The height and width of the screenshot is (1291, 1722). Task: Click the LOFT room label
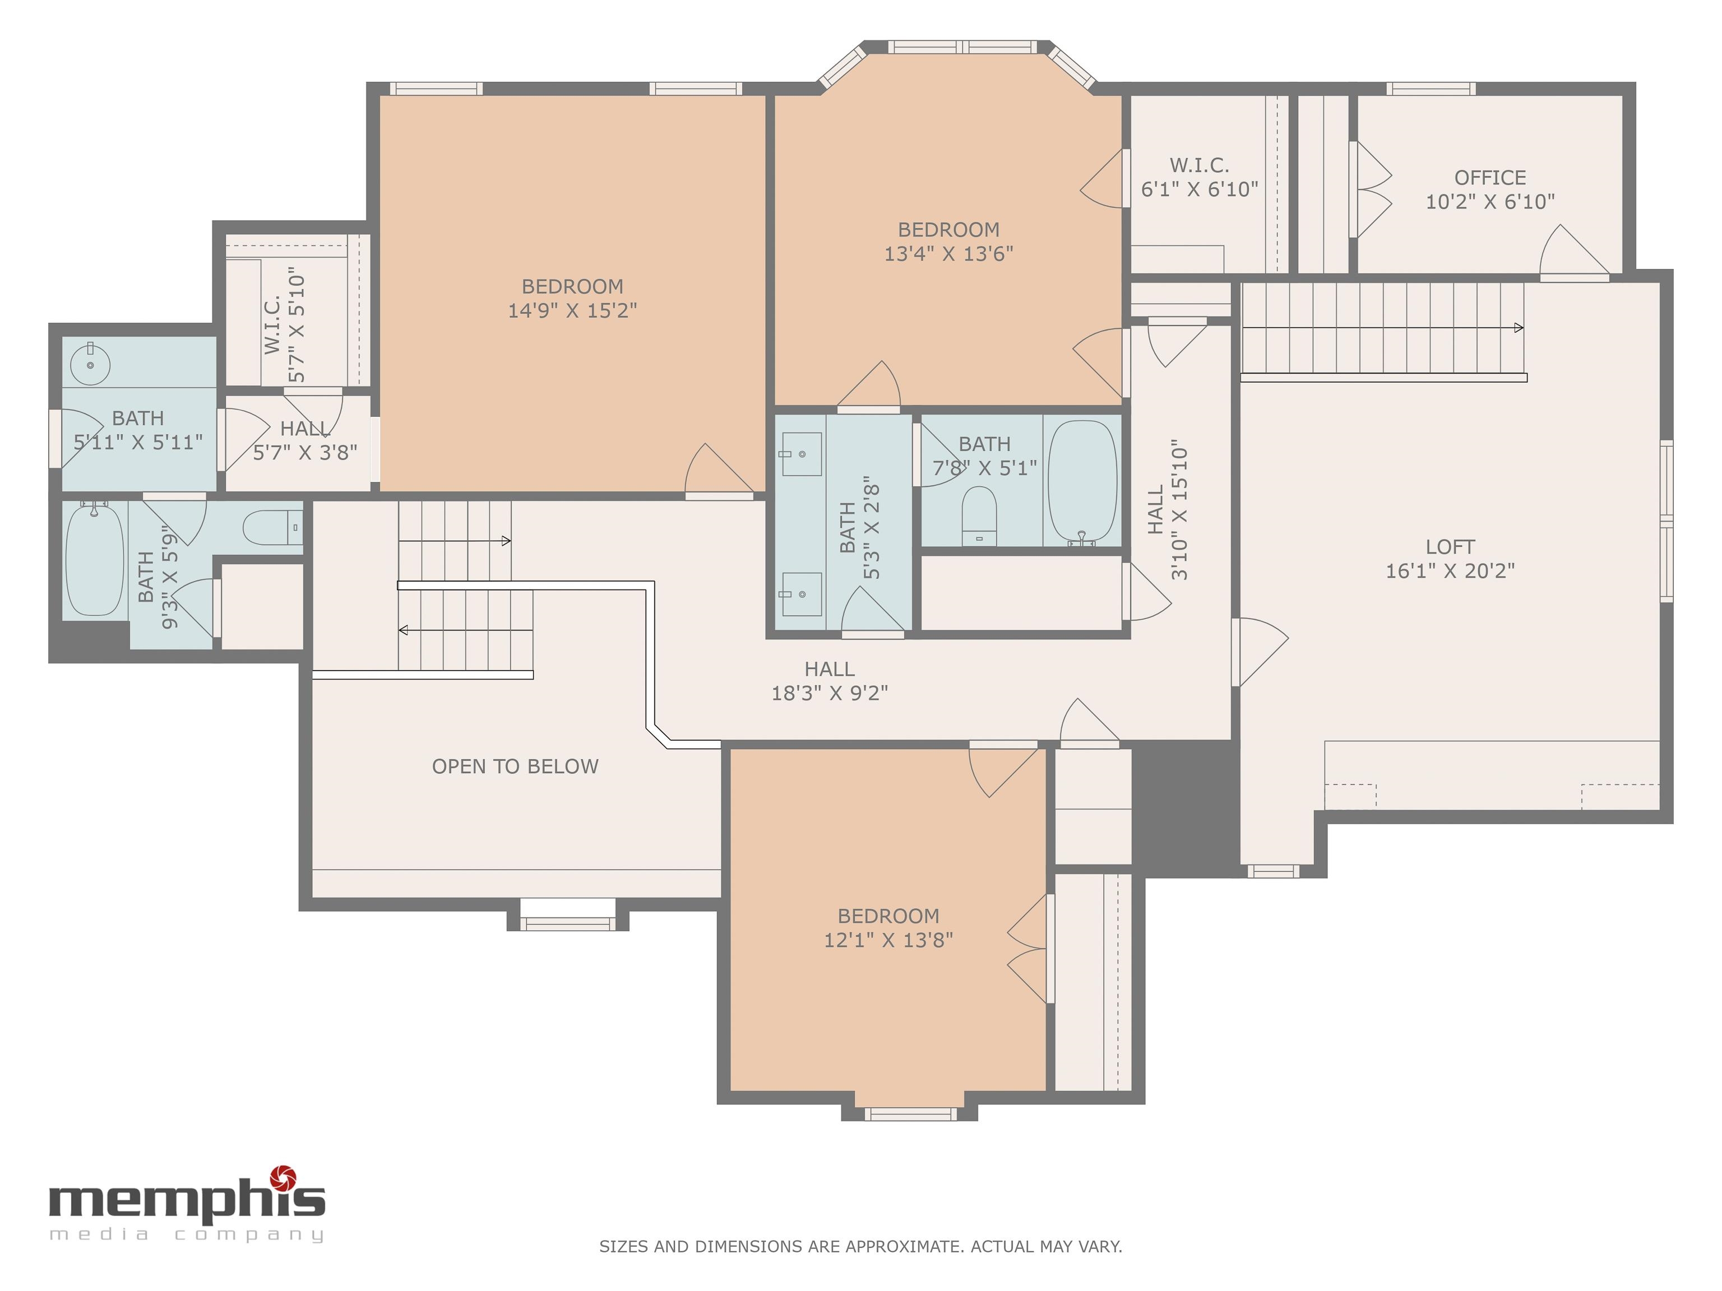point(1450,546)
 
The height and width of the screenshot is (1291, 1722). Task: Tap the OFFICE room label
point(1490,178)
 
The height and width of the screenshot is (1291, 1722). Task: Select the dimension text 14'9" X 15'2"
point(572,310)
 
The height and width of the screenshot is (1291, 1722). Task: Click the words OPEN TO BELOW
point(515,767)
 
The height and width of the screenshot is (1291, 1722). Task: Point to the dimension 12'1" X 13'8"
point(888,940)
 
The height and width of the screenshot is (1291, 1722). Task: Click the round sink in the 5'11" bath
point(90,364)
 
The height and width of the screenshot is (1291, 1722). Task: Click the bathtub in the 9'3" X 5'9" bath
point(94,559)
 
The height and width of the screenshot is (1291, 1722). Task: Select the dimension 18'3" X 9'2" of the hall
point(829,693)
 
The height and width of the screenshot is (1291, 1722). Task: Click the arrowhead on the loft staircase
point(1518,328)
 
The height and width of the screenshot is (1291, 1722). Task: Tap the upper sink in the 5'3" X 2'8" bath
point(801,454)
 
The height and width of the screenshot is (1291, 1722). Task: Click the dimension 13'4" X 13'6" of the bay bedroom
point(948,254)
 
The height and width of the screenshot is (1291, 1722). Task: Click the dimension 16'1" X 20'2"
point(1450,571)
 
